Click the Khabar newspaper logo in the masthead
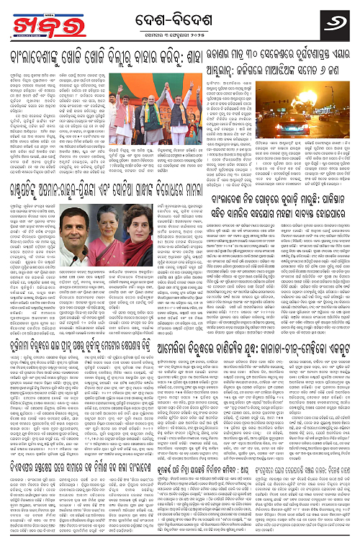pos(30,18)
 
